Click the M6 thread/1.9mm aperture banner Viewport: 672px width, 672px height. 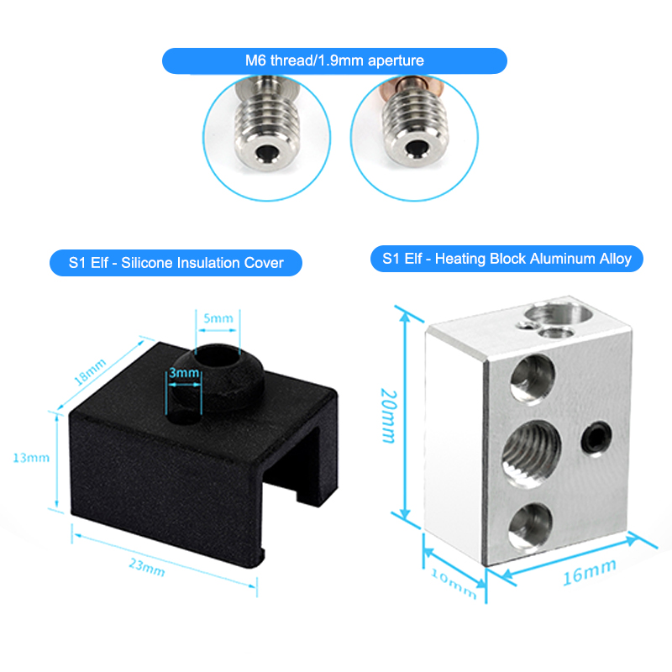click(334, 60)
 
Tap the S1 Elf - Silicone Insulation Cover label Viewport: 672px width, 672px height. click(176, 263)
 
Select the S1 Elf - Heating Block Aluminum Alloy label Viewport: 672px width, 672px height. click(507, 259)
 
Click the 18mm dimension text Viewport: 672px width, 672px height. click(90, 371)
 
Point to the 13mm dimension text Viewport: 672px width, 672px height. click(31, 458)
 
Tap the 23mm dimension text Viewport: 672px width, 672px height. click(147, 566)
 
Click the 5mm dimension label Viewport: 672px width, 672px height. click(218, 318)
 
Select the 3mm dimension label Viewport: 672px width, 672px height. click(184, 373)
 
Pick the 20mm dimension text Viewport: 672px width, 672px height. click(389, 415)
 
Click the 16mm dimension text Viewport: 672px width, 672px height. click(590, 572)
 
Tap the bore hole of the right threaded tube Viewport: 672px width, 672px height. click(414, 149)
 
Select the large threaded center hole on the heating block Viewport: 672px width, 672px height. click(532, 454)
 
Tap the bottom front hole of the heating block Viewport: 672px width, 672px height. click(530, 524)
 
